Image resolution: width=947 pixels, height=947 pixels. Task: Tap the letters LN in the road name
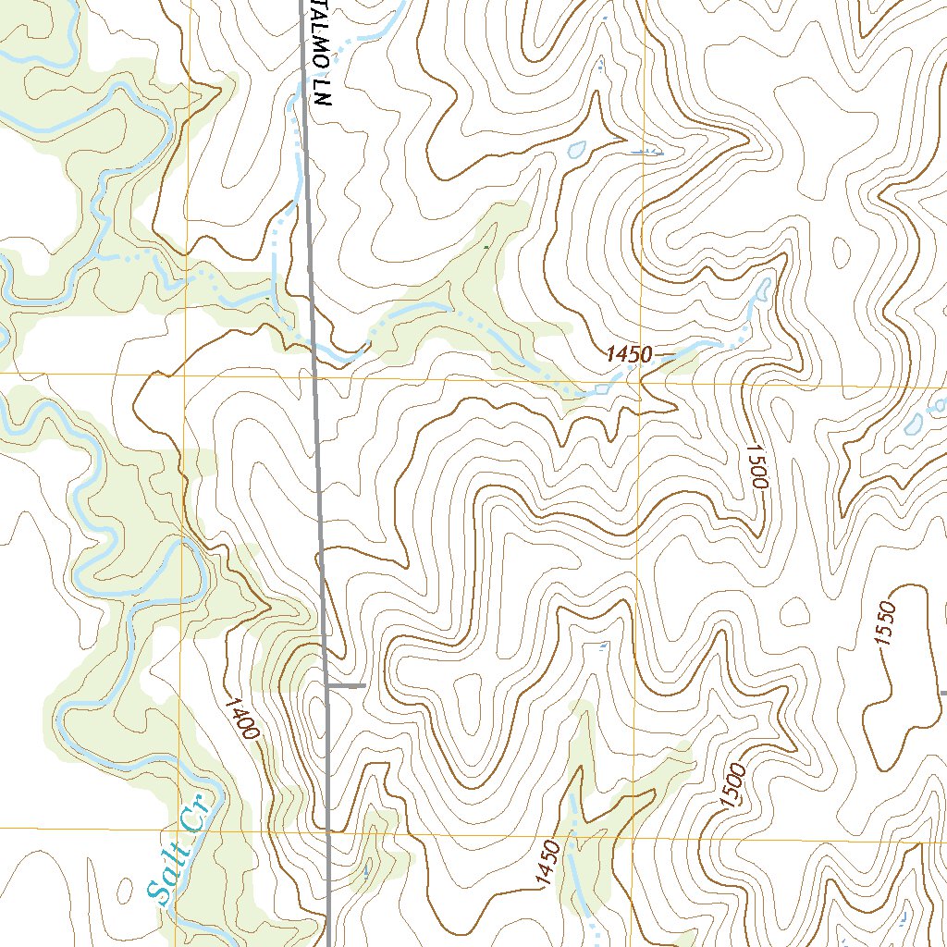[323, 99]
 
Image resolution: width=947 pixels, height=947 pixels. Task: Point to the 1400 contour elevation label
[240, 718]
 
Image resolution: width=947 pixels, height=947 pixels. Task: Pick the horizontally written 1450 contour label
[631, 354]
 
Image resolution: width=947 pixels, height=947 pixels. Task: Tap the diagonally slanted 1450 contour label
[547, 863]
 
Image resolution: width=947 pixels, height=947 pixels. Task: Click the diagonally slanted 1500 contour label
[736, 785]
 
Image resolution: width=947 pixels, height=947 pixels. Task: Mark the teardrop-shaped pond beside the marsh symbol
[576, 148]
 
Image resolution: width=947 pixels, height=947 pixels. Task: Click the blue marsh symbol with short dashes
[646, 150]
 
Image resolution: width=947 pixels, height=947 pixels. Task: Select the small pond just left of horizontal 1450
[602, 388]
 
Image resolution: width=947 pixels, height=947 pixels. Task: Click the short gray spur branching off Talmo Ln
[348, 685]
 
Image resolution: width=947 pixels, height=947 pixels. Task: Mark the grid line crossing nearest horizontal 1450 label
[640, 379]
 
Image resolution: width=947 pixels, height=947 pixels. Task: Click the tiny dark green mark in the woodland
[487, 248]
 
